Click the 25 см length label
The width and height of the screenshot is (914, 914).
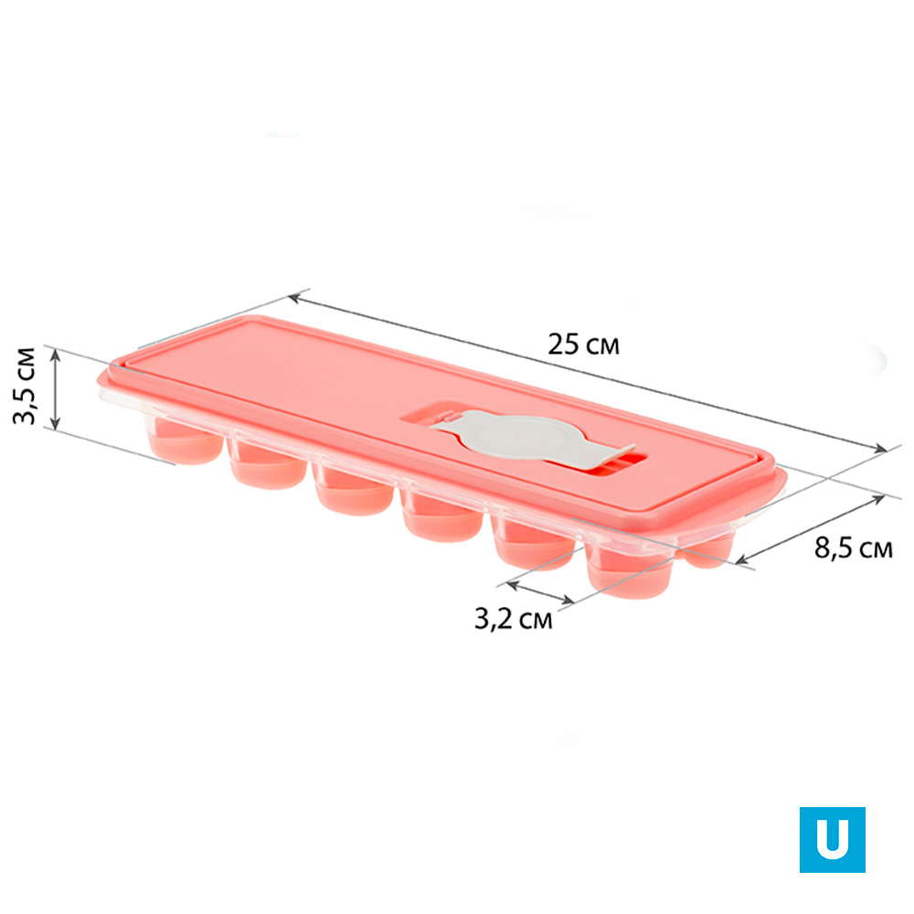coord(583,345)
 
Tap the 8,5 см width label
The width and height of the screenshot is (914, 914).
coord(854,548)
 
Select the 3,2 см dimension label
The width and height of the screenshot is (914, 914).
coord(513,619)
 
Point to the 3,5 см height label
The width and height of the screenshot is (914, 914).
coord(25,386)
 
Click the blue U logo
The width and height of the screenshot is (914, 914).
coord(832,839)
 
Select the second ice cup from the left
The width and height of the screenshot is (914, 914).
coord(267,465)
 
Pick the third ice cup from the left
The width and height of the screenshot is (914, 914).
coord(353,491)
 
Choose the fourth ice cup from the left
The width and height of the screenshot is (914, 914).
coord(441,516)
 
